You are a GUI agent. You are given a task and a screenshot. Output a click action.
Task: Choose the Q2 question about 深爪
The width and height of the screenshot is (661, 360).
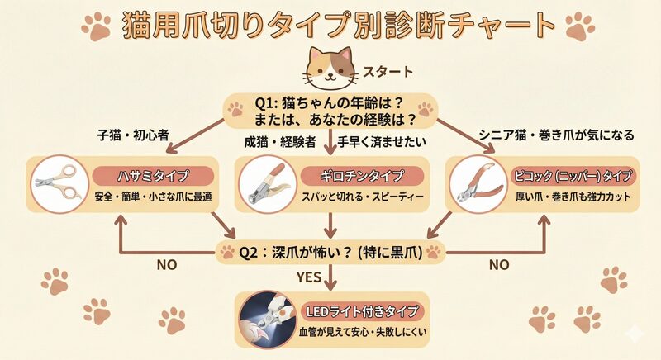(x=330, y=252)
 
